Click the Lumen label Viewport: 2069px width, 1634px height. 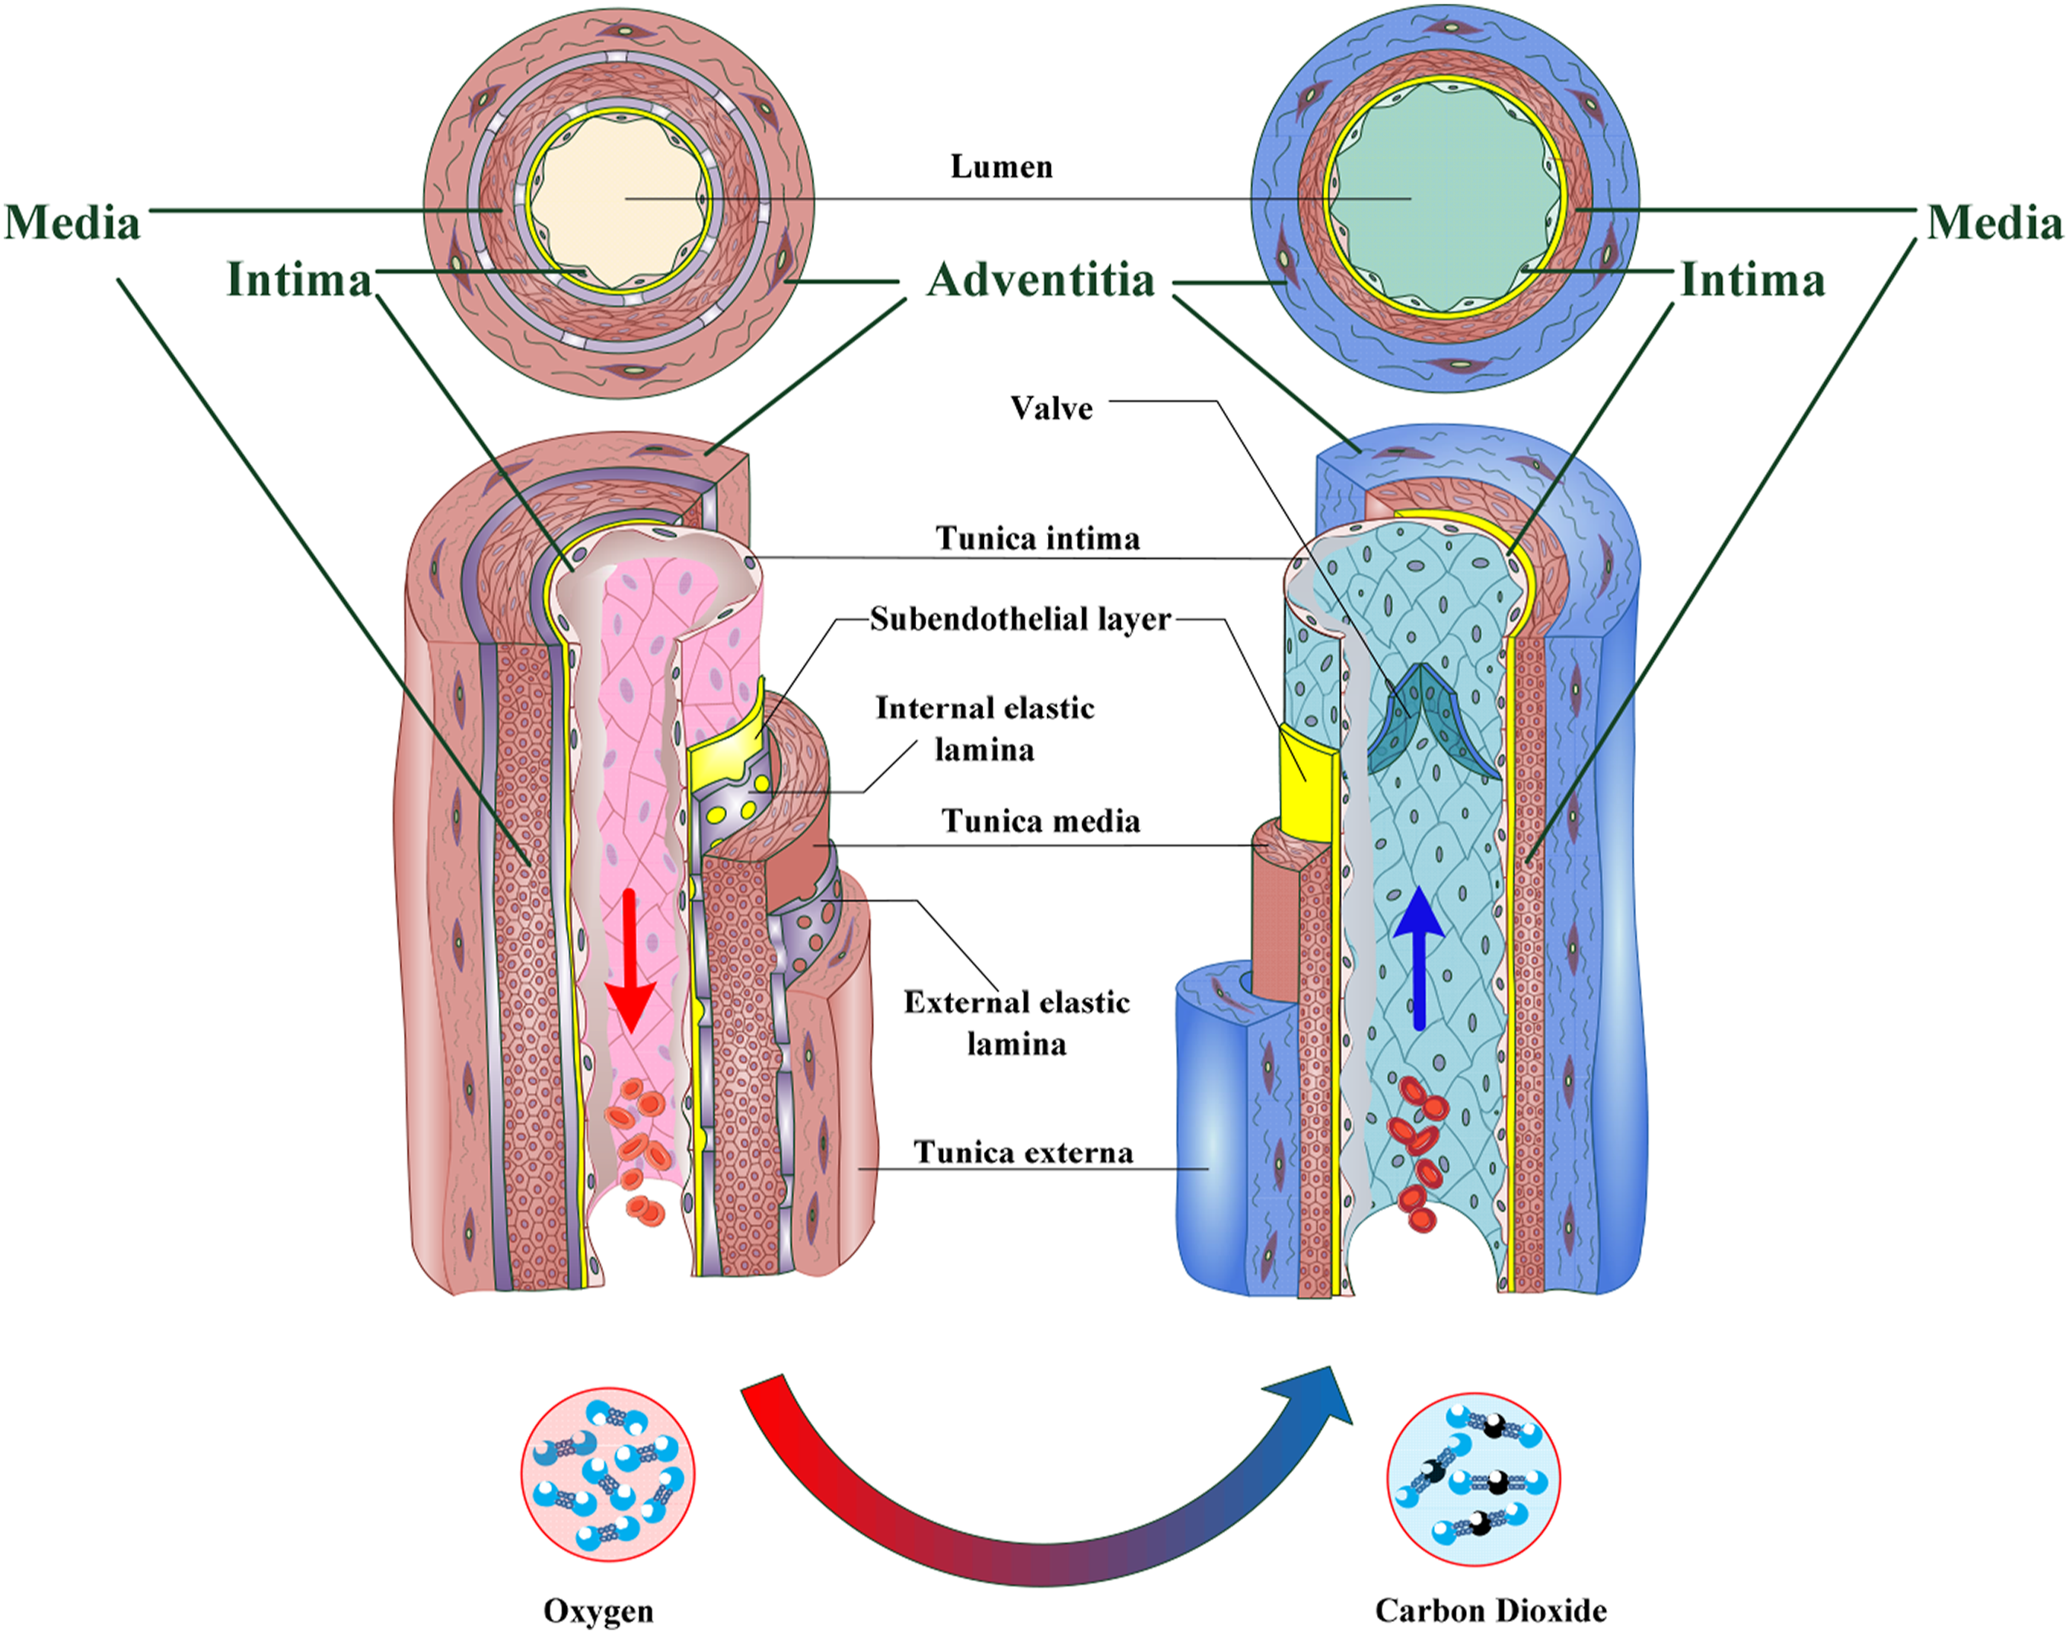point(1001,167)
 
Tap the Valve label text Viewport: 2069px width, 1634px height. point(1051,408)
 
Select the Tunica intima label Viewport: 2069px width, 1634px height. point(1037,539)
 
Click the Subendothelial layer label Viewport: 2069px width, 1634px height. point(1020,619)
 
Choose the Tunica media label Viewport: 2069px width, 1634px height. point(1040,821)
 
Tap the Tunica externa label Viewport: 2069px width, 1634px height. point(1023,1152)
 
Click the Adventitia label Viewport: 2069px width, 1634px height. point(1040,281)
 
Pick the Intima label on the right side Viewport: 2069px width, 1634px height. point(1752,281)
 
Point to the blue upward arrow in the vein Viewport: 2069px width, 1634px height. point(1419,957)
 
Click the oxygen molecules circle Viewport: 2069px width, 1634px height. point(608,1474)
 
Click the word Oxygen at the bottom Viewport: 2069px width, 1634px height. point(598,1611)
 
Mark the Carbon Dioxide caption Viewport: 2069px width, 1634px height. point(1490,1611)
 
